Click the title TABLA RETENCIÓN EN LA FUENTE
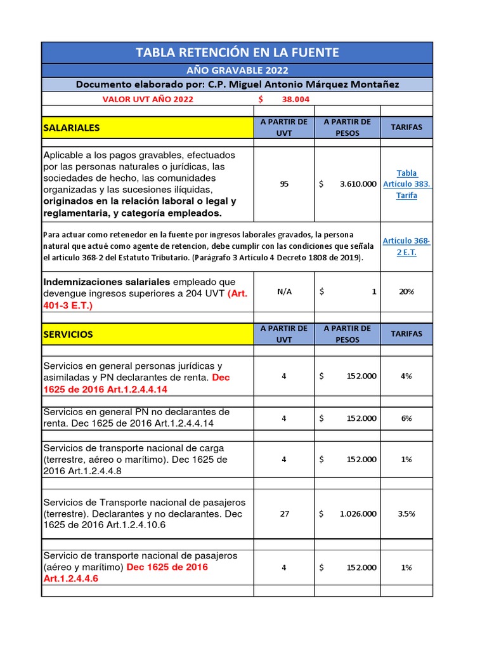pyautogui.click(x=237, y=53)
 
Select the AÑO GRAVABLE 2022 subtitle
pyautogui.click(x=237, y=70)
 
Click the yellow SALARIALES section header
pyautogui.click(x=147, y=128)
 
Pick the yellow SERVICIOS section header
pyautogui.click(x=147, y=334)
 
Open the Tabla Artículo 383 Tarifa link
pyautogui.click(x=406, y=184)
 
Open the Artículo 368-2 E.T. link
pyautogui.click(x=406, y=247)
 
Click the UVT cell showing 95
pyautogui.click(x=284, y=184)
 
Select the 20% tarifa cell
pyautogui.click(x=406, y=292)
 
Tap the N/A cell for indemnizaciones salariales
pyautogui.click(x=284, y=292)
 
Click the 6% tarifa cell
pyautogui.click(x=406, y=418)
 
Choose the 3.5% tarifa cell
pyautogui.click(x=406, y=514)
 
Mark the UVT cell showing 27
pyautogui.click(x=284, y=514)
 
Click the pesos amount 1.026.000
pyautogui.click(x=357, y=514)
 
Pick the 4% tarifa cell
pyautogui.click(x=406, y=376)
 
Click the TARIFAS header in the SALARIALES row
pyautogui.click(x=406, y=128)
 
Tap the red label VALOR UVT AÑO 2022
pyautogui.click(x=148, y=99)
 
